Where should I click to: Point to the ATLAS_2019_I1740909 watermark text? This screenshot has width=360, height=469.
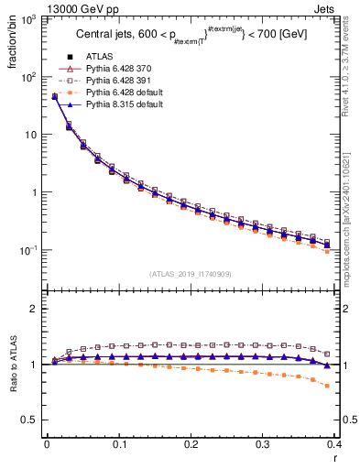point(191,274)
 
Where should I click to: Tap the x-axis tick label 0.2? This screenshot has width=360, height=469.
point(191,444)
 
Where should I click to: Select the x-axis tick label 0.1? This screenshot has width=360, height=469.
point(118,444)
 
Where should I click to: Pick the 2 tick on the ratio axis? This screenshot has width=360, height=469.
point(34,309)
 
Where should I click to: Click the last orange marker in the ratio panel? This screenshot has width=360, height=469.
point(353,386)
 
